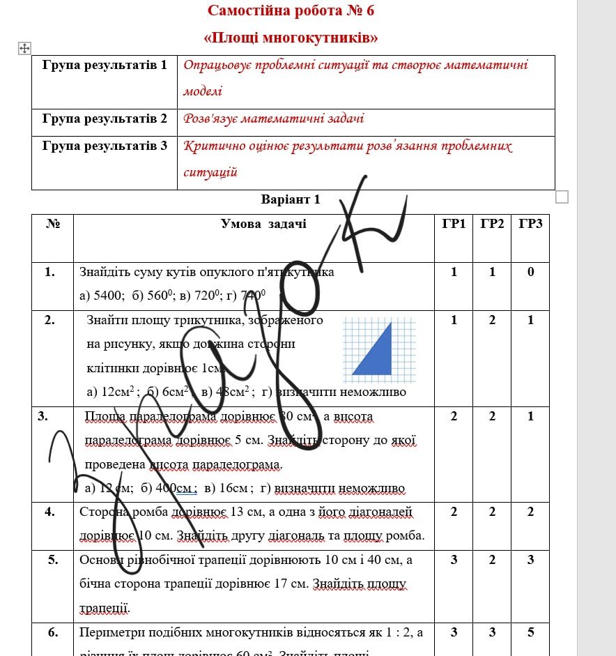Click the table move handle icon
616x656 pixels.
[x=24, y=47]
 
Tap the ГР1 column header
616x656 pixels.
[x=454, y=224]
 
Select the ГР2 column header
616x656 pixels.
[x=492, y=224]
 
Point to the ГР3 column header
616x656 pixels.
[x=530, y=224]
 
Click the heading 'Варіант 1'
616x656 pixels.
[x=291, y=199]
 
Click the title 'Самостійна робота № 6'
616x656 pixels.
[x=291, y=10]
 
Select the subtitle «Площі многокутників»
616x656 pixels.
[x=291, y=37]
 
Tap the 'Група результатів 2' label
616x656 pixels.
[x=105, y=119]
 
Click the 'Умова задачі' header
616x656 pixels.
[x=263, y=224]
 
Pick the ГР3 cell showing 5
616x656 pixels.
[x=530, y=633]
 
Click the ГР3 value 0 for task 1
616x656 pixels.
[x=530, y=272]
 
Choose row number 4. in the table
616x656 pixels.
[x=49, y=512]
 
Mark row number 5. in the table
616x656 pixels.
[x=49, y=560]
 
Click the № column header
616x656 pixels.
[x=52, y=224]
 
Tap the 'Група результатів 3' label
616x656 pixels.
[x=105, y=146]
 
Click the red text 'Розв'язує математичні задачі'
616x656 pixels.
[x=273, y=119]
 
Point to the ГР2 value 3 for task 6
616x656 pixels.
[x=492, y=633]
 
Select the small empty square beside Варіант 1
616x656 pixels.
[x=562, y=197]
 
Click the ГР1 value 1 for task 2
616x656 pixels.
[x=454, y=320]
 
